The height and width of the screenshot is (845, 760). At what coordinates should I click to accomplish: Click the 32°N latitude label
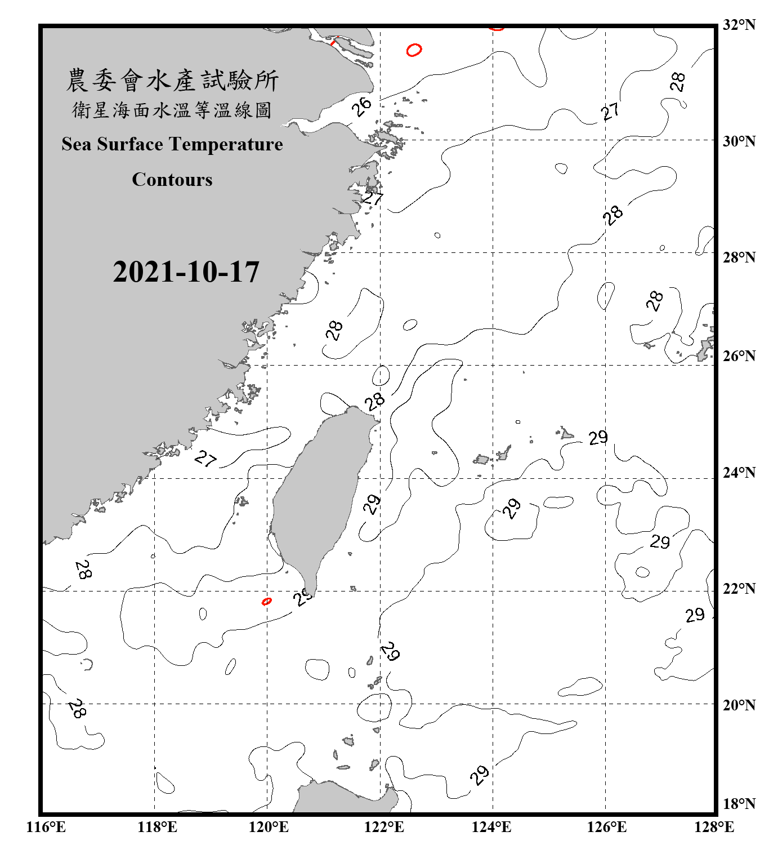739,25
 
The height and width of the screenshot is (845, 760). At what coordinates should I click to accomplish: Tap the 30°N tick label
739,141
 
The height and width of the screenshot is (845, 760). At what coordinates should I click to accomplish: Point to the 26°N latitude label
739,356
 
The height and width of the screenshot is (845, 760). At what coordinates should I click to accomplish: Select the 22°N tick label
739,589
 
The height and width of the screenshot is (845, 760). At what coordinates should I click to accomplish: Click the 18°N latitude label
739,804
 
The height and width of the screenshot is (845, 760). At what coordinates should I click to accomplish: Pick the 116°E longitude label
46,827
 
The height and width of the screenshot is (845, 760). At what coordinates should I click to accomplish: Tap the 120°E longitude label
269,827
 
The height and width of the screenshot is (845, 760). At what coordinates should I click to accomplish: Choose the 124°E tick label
491,827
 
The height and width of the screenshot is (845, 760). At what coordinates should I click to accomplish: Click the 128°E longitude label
714,827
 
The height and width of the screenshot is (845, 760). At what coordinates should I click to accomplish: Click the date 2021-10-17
186,272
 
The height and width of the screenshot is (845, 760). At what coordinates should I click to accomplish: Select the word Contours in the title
172,179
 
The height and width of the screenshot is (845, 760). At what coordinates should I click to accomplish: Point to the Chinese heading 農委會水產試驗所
172,81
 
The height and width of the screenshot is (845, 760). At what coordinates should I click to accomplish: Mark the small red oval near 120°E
267,602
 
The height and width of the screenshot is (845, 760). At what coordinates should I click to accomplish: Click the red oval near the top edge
414,50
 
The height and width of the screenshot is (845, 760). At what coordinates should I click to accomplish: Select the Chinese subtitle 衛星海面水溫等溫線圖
172,110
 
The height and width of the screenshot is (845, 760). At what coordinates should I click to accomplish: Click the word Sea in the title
76,144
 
